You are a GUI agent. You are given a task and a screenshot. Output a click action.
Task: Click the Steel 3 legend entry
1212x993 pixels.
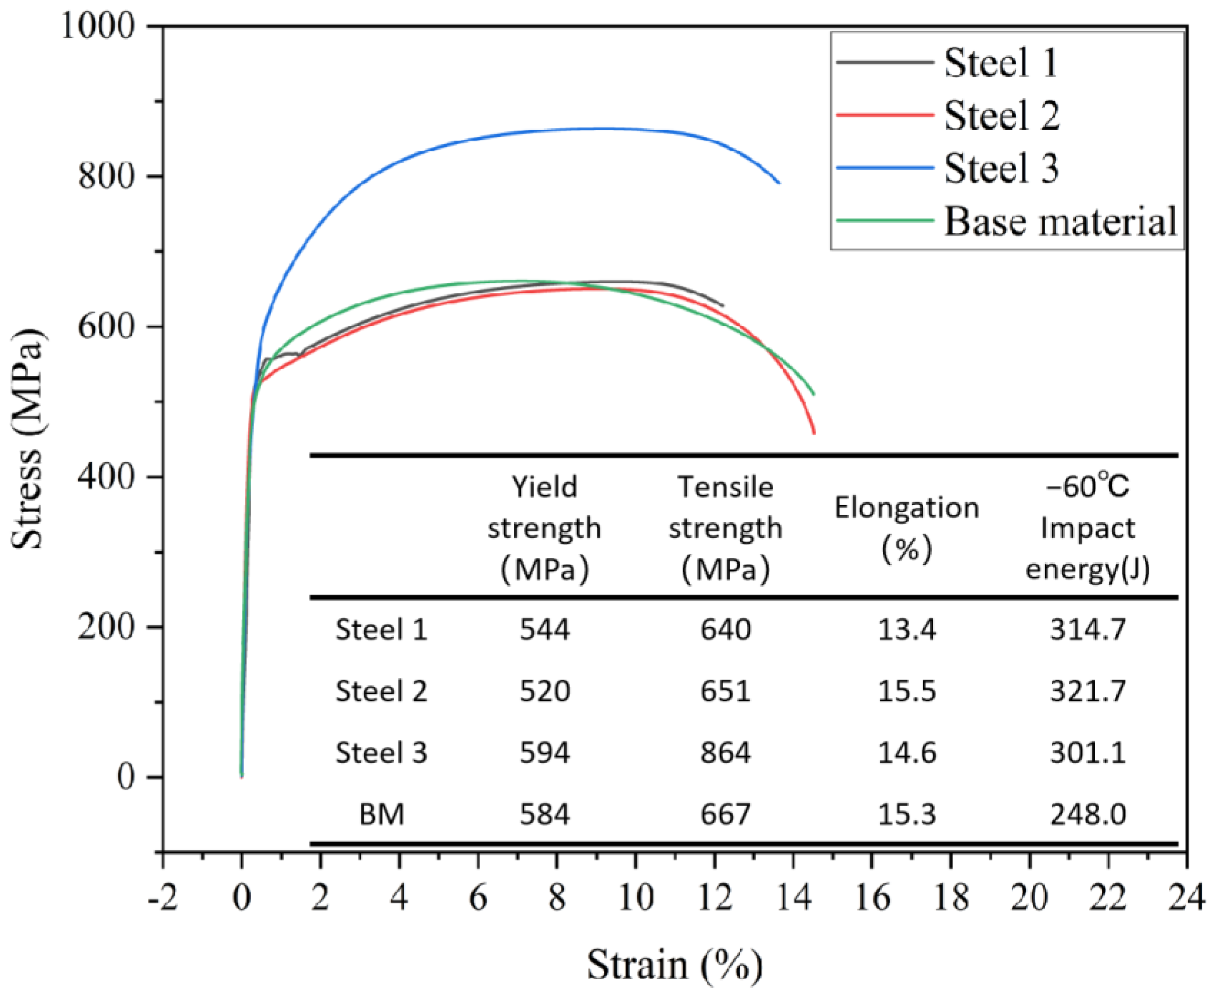1000,168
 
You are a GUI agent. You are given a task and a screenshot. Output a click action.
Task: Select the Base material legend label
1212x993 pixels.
1060,221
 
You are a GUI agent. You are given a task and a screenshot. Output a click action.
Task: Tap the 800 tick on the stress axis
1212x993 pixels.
106,176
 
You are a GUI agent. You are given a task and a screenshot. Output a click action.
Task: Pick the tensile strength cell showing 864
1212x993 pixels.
725,752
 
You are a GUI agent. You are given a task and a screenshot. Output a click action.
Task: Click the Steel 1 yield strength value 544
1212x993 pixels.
544,629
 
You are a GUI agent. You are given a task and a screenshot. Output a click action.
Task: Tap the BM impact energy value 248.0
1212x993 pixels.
1088,813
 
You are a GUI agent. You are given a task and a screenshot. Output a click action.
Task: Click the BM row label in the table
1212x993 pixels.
381,813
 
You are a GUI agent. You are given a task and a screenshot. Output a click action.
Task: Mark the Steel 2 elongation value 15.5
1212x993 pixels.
906,691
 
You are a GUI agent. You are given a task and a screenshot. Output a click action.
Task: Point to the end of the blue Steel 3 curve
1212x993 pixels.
779,183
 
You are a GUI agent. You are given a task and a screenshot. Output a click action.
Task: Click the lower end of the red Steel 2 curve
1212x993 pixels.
814,433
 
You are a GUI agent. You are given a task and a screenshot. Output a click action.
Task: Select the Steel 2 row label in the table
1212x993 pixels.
381,691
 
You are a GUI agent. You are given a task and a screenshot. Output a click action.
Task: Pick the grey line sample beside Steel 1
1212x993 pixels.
885,62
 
